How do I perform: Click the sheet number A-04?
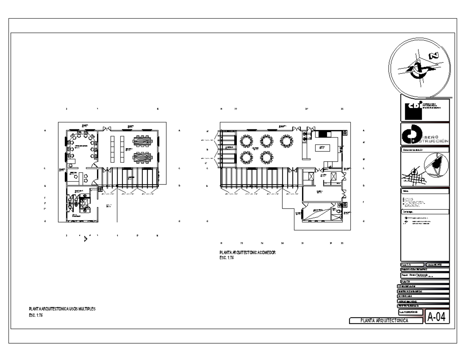click(x=437, y=317)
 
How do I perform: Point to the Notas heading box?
click(x=425, y=191)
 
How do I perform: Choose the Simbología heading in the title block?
click(x=425, y=212)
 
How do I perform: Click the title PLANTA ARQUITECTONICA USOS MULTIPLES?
click(x=62, y=309)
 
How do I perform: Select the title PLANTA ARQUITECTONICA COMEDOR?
click(x=247, y=252)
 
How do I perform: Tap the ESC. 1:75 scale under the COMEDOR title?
click(x=227, y=258)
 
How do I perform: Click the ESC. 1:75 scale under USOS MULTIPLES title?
click(x=36, y=315)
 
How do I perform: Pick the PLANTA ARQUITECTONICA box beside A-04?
click(x=386, y=320)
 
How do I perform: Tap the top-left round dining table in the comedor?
click(x=246, y=140)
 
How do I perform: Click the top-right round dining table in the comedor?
click(x=287, y=140)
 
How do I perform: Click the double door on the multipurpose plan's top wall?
click(x=106, y=128)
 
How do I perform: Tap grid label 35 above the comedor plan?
click(x=342, y=109)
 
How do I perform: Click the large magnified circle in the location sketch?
click(x=437, y=166)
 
